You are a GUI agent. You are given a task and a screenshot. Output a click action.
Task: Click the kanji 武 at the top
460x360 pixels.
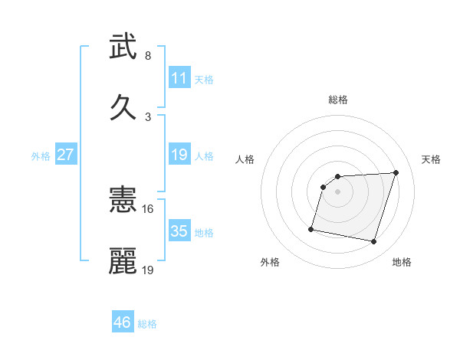[123, 47]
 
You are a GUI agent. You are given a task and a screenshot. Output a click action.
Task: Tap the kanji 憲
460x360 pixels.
[123, 201]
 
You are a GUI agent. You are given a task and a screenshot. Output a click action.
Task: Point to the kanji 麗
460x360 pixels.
[123, 260]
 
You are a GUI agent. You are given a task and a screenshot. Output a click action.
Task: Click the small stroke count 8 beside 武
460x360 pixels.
[148, 56]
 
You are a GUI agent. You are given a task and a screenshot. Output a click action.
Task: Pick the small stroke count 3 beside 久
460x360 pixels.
[148, 116]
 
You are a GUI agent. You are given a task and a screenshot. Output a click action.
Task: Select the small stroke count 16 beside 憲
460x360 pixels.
[148, 208]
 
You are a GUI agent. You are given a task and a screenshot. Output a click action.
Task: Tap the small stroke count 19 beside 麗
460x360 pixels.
[148, 270]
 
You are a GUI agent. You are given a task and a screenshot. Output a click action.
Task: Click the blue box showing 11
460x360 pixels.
[179, 78]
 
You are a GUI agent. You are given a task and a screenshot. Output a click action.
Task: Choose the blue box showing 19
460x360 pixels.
[179, 155]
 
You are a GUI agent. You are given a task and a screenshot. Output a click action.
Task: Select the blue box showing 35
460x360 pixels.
[179, 231]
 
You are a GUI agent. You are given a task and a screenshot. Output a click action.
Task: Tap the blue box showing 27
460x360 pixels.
[65, 155]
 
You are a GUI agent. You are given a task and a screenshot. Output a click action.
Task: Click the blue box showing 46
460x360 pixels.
[123, 322]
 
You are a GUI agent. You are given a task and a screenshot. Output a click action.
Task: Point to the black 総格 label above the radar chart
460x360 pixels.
[338, 100]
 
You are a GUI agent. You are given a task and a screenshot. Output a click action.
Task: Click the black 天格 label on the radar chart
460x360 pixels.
[432, 159]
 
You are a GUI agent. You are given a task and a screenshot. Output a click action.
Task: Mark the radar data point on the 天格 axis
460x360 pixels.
[396, 172]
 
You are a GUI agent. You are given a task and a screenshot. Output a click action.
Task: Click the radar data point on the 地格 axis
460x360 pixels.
[374, 242]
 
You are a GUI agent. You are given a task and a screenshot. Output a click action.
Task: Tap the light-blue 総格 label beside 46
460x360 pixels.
[147, 324]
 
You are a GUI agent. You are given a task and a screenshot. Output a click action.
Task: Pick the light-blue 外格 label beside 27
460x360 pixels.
[41, 156]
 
